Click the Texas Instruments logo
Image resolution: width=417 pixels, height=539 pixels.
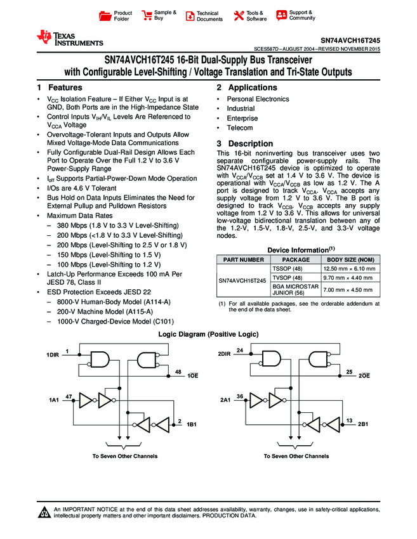point(70,38)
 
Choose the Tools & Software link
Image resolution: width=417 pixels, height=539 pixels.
point(250,16)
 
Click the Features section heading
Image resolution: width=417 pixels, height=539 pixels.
point(60,87)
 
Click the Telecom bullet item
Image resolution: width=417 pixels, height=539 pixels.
point(239,128)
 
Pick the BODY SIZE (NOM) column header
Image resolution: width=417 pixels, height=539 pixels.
point(351,259)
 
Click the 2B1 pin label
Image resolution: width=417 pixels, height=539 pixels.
point(364,424)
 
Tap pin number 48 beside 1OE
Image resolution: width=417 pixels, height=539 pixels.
point(178,372)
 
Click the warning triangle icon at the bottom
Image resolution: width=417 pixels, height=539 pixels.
point(44,513)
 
